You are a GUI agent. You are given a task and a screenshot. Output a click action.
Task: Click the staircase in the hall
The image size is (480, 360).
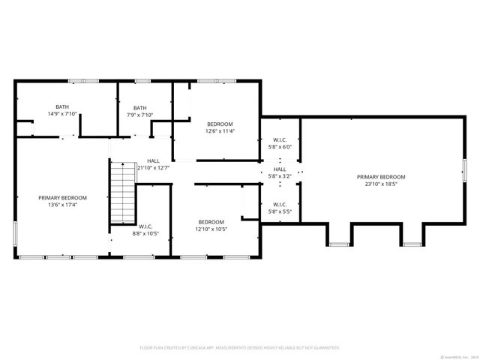click(x=121, y=193)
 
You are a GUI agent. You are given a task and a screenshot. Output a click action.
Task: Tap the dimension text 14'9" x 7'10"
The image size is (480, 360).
click(x=62, y=114)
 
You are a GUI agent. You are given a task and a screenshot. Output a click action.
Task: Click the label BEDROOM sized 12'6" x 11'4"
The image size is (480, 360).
click(x=220, y=124)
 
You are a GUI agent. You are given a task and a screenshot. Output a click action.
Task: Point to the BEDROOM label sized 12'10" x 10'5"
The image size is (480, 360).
click(x=211, y=222)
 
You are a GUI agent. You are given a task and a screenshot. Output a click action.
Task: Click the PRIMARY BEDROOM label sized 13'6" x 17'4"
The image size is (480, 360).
click(x=63, y=198)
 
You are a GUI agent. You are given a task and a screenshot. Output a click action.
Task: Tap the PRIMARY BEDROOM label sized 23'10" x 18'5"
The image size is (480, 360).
click(x=381, y=177)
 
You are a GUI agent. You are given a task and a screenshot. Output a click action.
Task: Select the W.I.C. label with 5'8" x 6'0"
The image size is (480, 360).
click(x=279, y=140)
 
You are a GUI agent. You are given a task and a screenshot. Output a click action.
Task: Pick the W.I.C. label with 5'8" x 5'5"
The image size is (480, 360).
click(x=279, y=204)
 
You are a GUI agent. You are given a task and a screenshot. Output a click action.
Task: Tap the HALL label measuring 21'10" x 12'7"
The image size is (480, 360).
click(x=153, y=160)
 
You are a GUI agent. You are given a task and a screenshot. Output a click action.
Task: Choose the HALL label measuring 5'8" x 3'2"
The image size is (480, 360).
click(x=279, y=169)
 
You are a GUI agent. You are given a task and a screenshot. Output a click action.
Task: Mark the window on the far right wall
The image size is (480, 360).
click(x=464, y=169)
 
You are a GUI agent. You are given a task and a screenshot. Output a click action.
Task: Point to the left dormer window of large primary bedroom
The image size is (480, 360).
click(x=339, y=244)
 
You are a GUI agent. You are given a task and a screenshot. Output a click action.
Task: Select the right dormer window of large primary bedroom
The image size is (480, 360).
click(x=412, y=244)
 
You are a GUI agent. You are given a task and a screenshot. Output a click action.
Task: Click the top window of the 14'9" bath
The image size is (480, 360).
click(x=78, y=80)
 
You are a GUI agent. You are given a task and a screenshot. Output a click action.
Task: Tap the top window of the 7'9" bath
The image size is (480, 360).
click(x=142, y=80)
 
